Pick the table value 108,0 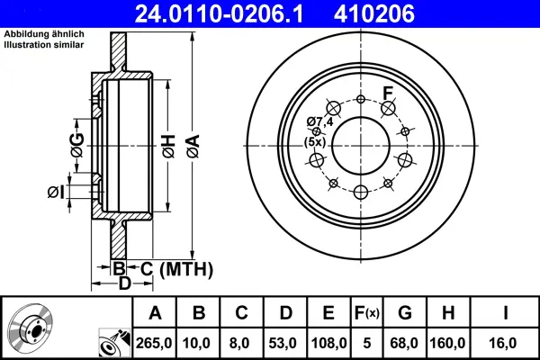coord(328,343)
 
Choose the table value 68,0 coord(405,343)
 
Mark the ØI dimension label coord(54,192)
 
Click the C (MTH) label coord(176,268)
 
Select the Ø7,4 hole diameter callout coord(319,121)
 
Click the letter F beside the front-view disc coord(389,93)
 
